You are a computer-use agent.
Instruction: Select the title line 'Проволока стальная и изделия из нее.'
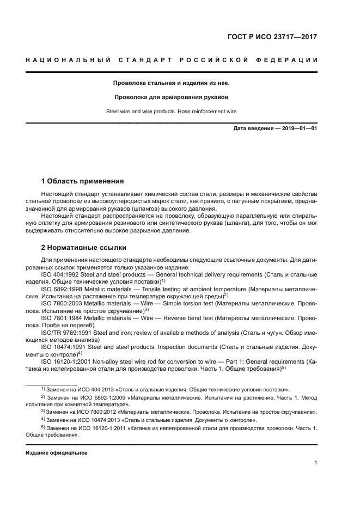tap(172, 83)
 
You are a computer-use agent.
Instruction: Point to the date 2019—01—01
tap(298, 128)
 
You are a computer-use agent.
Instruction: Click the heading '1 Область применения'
tap(82, 181)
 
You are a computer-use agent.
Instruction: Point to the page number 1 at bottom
tap(315, 463)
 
